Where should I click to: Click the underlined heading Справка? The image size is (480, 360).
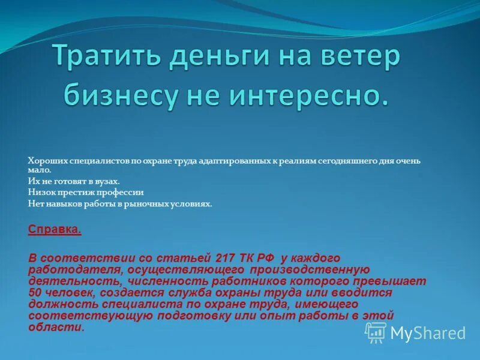(55, 229)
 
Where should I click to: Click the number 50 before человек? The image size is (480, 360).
(35, 292)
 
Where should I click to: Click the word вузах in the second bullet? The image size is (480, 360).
(107, 181)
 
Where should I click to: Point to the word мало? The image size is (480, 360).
(38, 170)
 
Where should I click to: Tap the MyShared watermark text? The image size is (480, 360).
(428, 334)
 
